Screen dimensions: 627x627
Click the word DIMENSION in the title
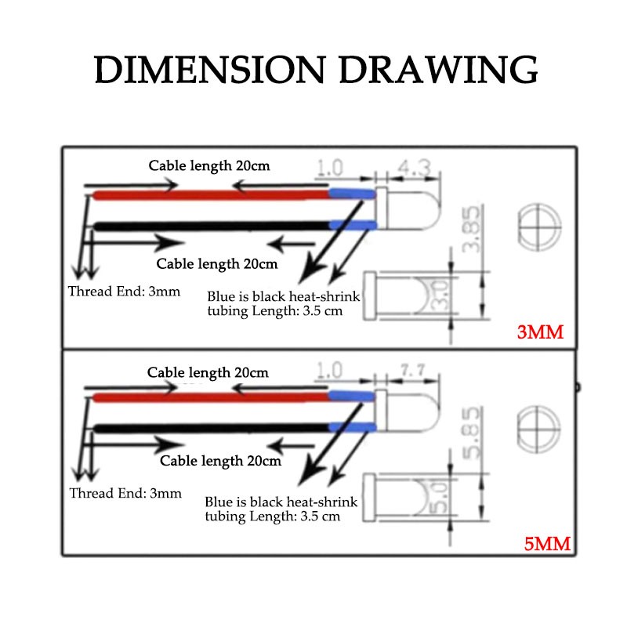209,70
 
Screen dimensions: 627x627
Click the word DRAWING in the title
438,70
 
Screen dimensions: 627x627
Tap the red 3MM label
540,332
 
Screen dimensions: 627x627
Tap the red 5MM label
547,544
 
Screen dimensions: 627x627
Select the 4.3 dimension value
415,168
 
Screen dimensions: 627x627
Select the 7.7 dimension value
413,370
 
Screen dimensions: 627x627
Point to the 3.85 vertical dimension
471,229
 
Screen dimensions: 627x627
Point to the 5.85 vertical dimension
471,433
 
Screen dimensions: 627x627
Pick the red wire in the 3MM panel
211,195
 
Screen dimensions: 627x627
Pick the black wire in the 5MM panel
211,428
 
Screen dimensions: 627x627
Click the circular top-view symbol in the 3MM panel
539,227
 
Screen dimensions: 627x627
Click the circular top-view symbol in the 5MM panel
538,429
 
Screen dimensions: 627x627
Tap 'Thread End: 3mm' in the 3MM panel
124,292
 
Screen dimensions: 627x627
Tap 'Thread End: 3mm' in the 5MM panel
125,493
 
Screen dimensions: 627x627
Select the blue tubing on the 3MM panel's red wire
352,194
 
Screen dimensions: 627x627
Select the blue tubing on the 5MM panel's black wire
353,427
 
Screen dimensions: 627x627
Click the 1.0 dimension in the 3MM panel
329,168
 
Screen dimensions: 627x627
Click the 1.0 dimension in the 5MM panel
329,371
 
